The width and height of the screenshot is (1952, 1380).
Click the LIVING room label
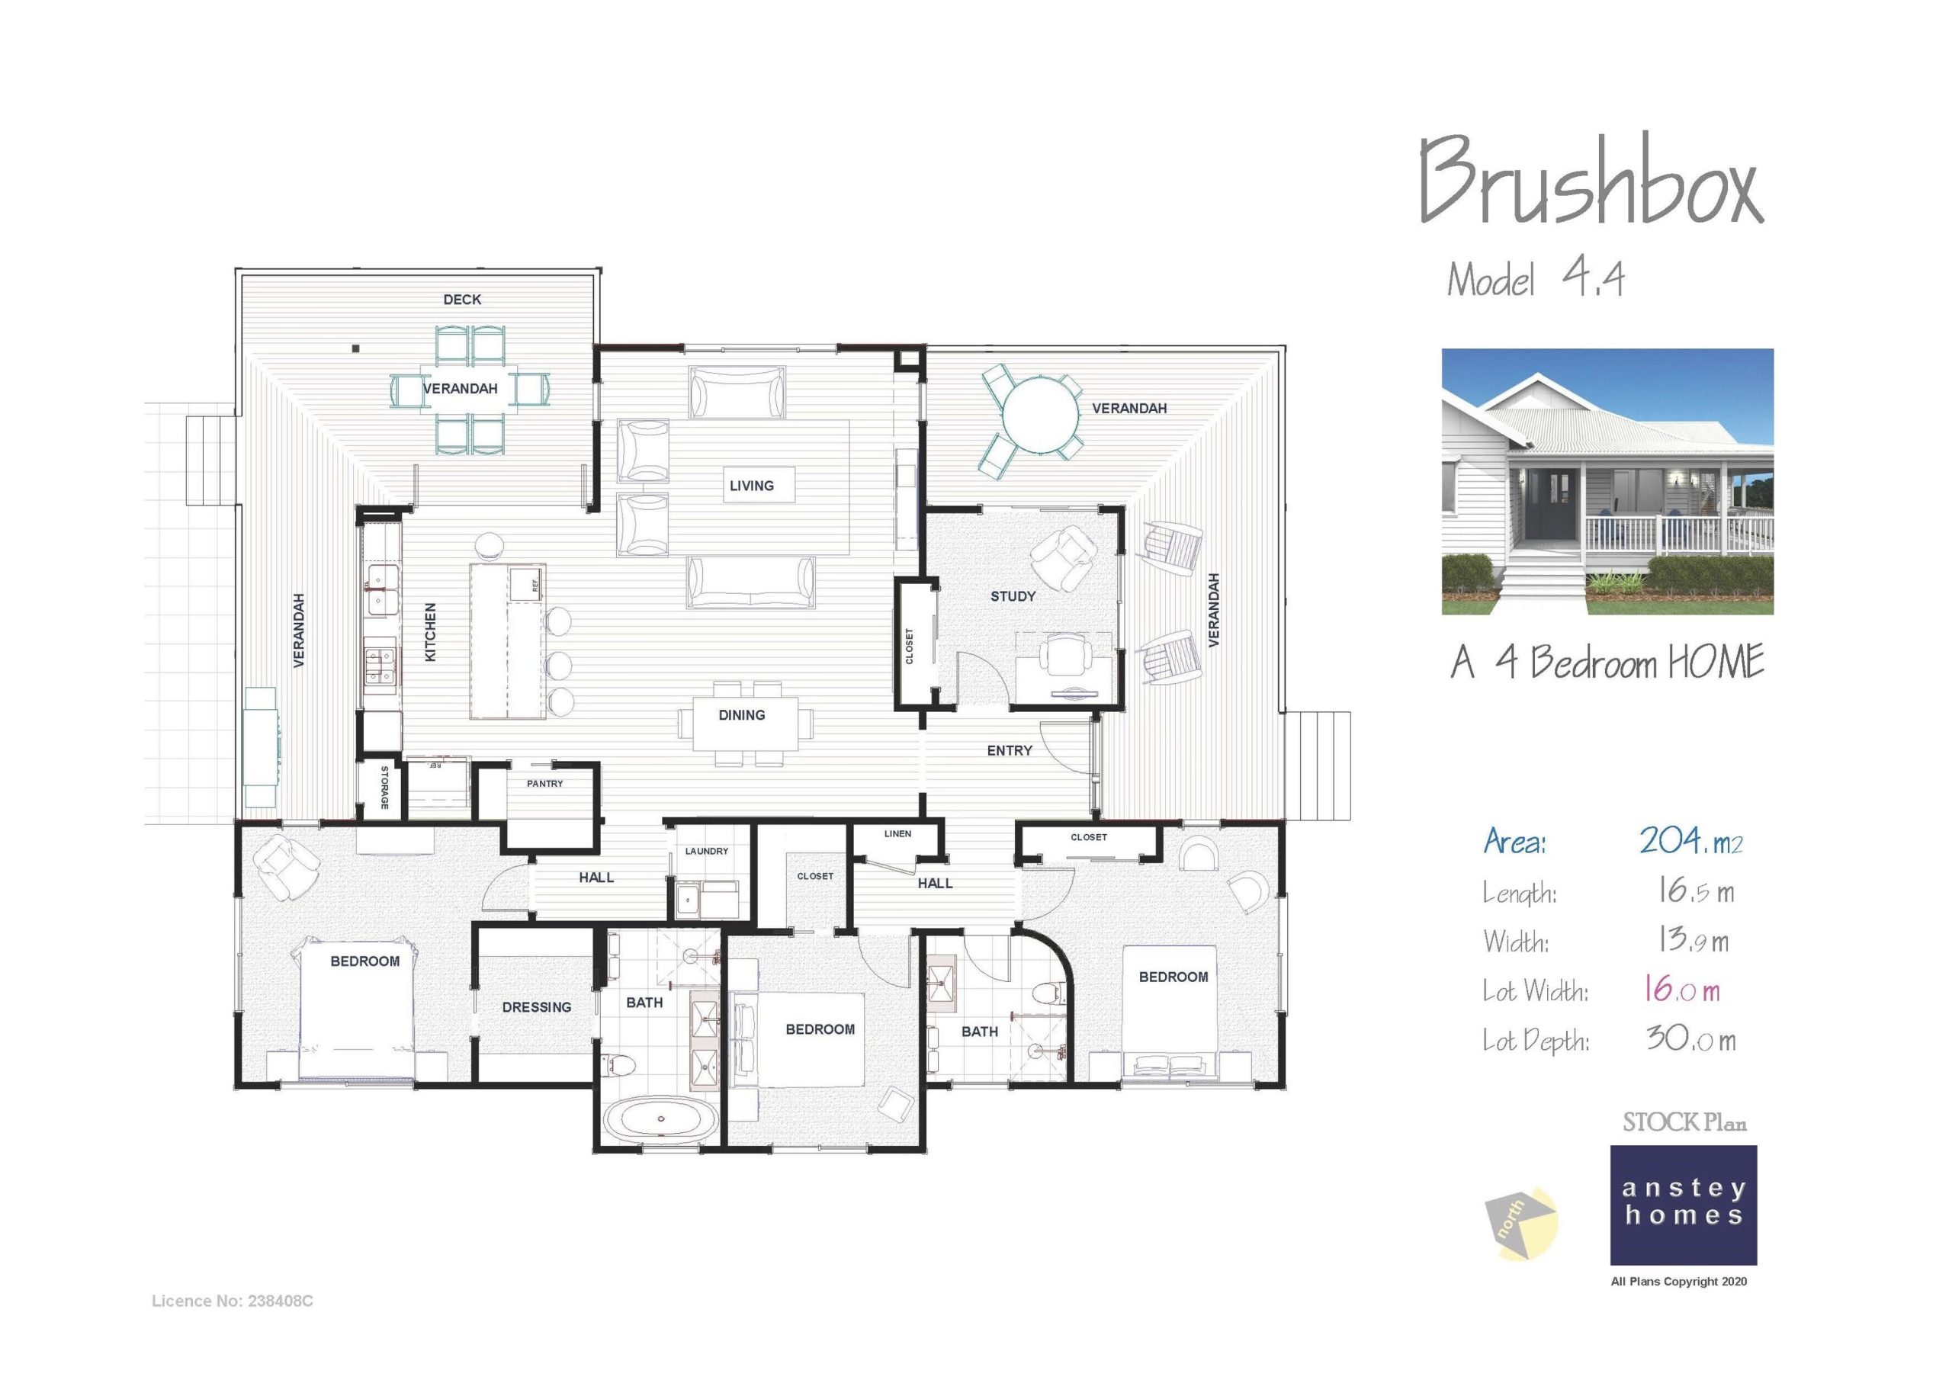tap(752, 486)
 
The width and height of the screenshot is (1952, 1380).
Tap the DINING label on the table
tap(741, 715)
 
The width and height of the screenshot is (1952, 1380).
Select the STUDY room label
tap(1013, 596)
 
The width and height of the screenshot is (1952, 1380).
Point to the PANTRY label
tap(544, 783)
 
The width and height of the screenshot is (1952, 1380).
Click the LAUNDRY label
tap(707, 850)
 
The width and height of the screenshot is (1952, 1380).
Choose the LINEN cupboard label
tap(897, 834)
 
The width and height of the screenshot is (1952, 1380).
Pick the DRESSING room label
tap(537, 1006)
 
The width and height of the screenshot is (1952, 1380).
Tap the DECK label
tap(461, 300)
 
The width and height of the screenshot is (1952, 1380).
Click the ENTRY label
tap(1009, 750)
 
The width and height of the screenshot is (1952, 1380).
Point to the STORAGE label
tap(384, 788)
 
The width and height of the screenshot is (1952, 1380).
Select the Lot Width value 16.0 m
tap(1681, 990)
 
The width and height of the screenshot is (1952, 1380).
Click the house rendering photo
tap(1607, 481)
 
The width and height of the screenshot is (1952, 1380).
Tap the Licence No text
tap(232, 1301)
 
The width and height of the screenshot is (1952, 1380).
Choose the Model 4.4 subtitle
tap(1535, 279)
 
